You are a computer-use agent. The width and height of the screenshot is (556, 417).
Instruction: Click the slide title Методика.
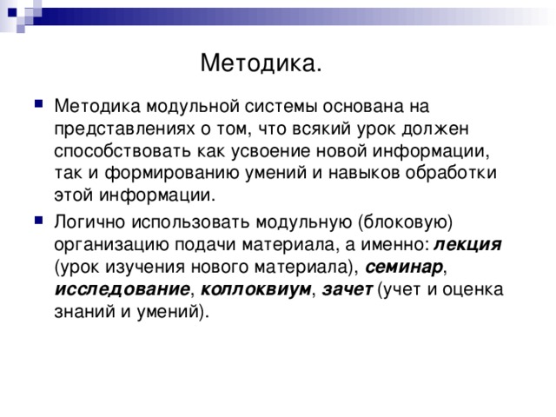(x=261, y=63)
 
